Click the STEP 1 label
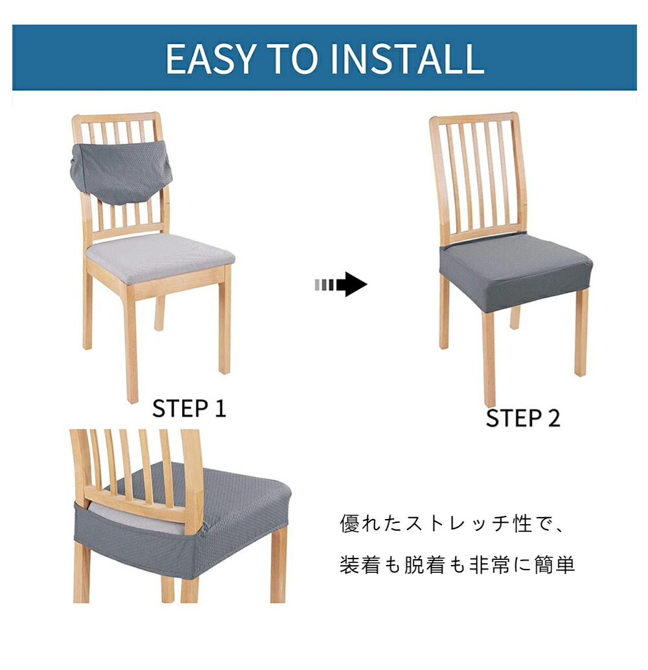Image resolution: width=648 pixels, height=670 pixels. point(189,408)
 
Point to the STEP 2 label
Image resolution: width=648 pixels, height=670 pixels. point(523,418)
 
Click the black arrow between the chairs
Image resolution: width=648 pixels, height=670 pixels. point(341,284)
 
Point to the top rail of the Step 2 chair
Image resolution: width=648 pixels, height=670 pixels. point(474,119)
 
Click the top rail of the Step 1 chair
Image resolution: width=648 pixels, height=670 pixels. point(116,117)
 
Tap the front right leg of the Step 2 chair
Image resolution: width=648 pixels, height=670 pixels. point(581,337)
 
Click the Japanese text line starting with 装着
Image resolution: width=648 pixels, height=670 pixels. point(457,564)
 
